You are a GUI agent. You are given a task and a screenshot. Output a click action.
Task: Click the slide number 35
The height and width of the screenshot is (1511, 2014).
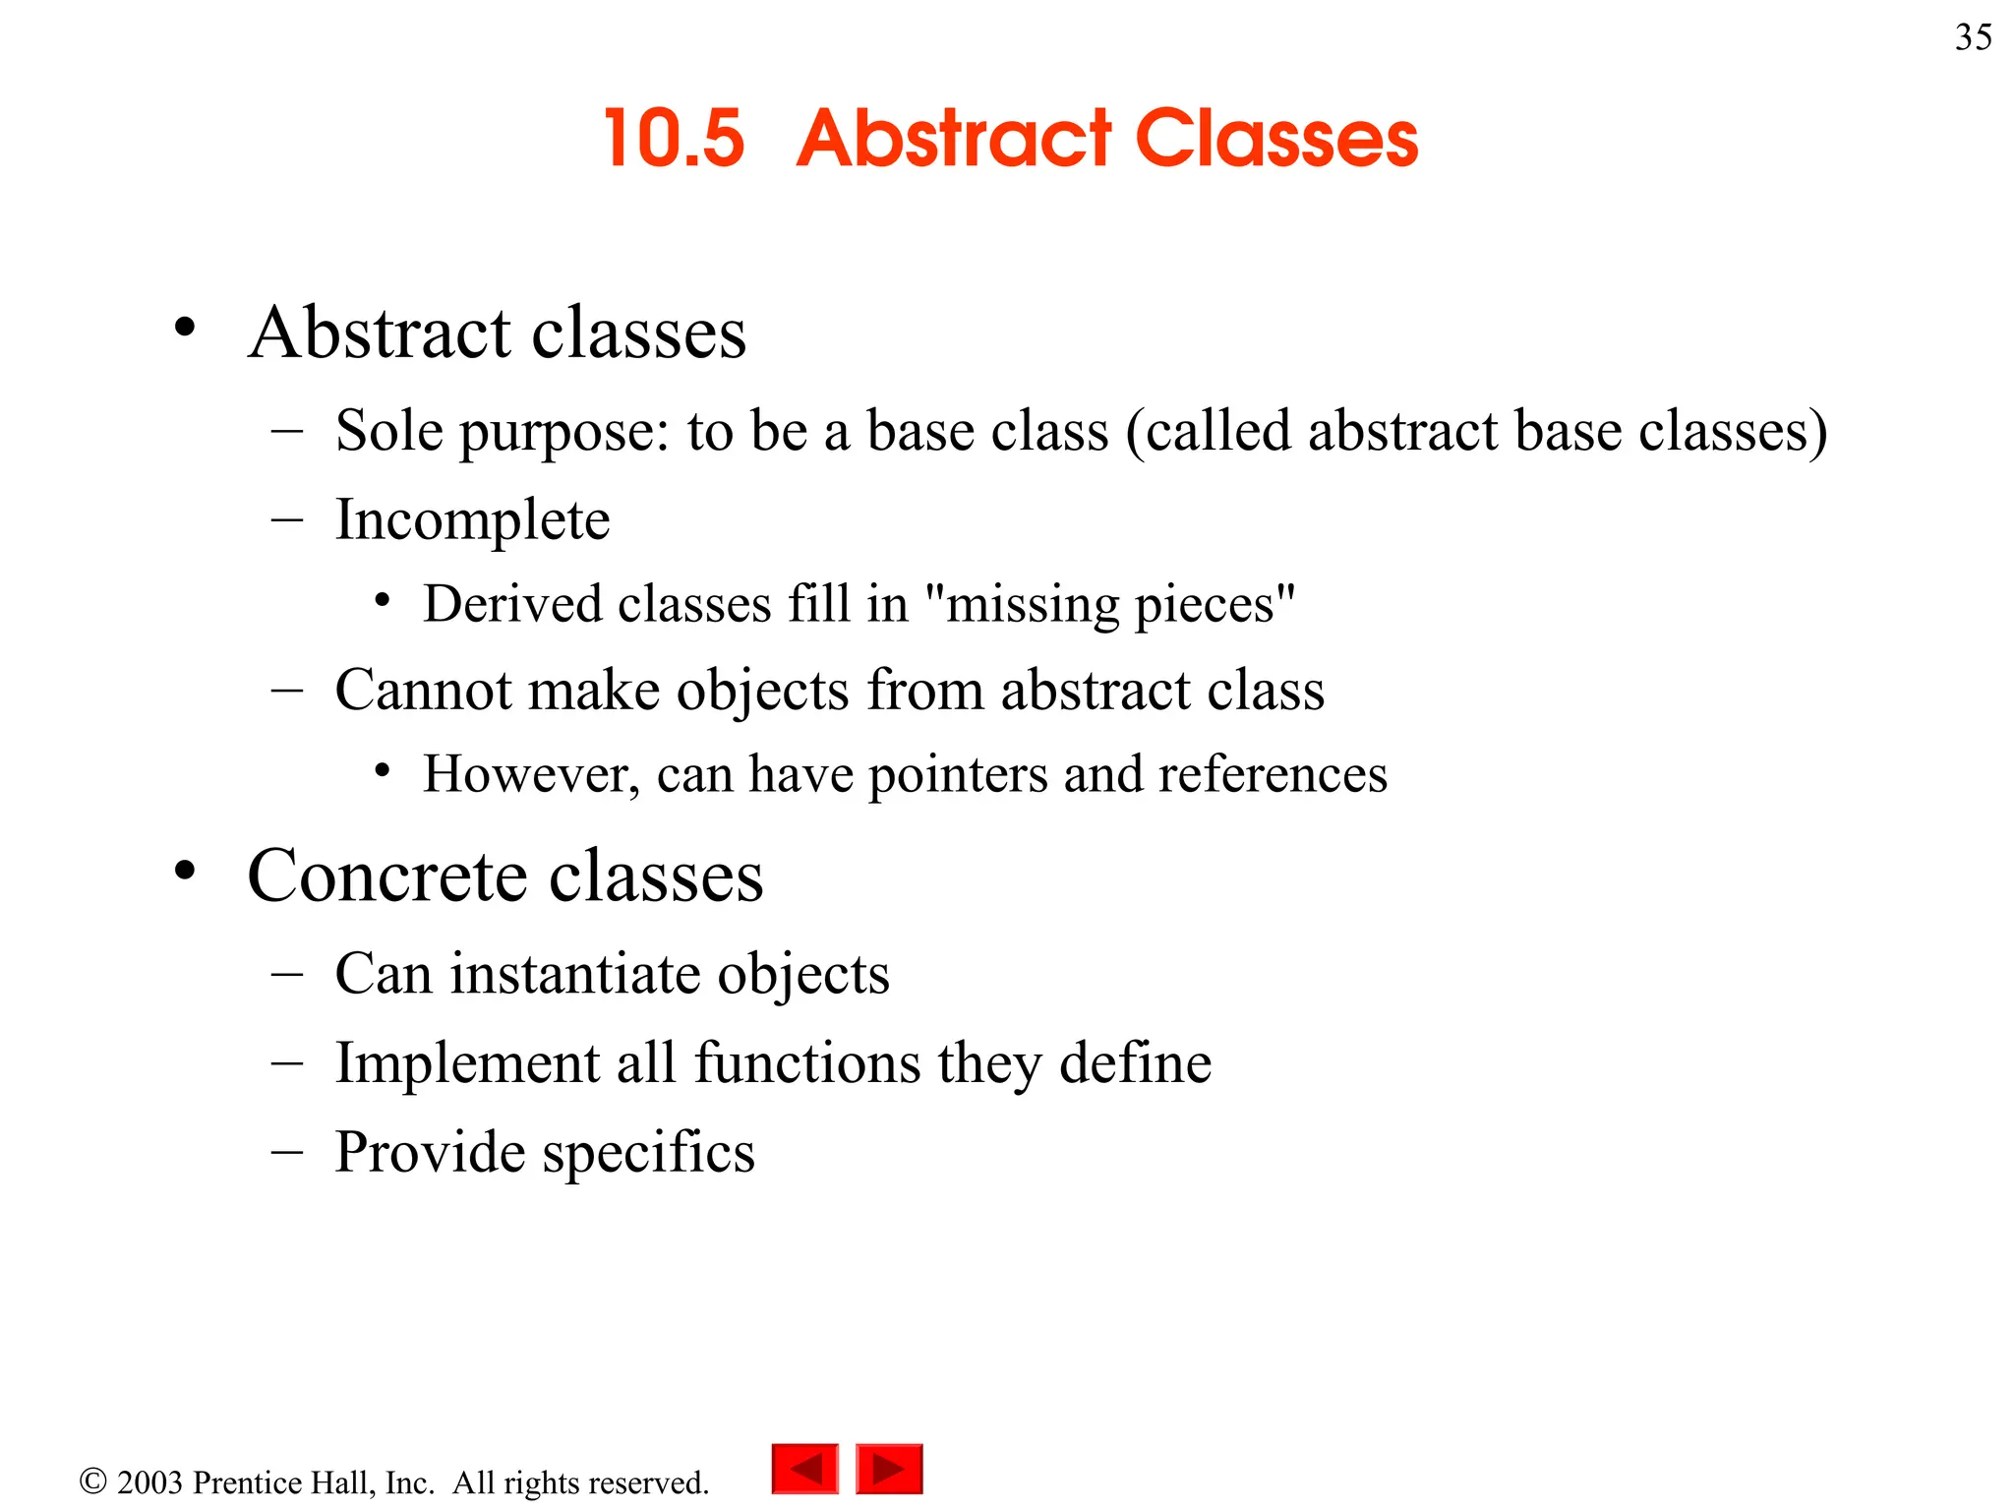coord(1973,37)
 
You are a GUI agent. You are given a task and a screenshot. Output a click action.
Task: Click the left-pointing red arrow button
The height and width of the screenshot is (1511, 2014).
coord(805,1469)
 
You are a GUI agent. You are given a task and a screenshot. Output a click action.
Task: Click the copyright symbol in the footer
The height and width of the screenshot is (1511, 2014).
coord(92,1481)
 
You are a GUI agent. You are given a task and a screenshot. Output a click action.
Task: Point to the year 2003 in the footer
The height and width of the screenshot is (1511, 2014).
coord(149,1482)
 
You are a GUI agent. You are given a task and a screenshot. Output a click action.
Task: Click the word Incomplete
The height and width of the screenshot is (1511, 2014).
coord(472,519)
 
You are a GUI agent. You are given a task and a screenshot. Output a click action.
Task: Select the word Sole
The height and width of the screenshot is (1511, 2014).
coord(388,431)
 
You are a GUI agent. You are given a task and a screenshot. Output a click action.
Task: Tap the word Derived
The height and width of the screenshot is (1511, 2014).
coord(512,603)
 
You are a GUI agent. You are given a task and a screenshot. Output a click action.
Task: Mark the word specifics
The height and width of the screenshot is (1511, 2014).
coord(648,1152)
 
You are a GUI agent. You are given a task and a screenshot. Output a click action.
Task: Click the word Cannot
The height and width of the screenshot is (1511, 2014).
coord(423,690)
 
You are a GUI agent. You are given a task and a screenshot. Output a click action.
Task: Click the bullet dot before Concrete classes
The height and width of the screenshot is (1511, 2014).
coord(185,871)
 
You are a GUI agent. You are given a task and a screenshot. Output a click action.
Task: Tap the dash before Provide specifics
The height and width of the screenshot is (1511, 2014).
coord(286,1152)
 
